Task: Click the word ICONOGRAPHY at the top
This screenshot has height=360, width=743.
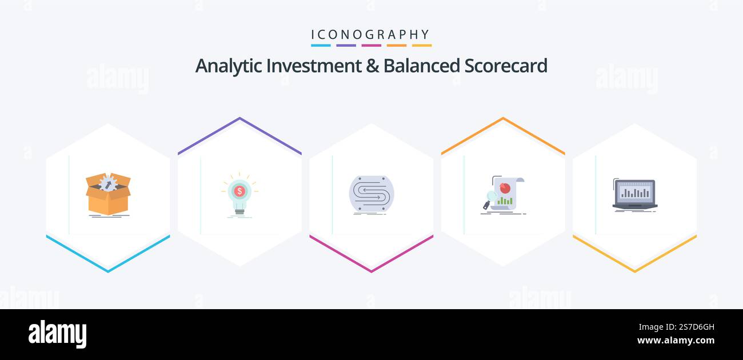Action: (371, 34)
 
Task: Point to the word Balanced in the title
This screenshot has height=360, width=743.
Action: (421, 66)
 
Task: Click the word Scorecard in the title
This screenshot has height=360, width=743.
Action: (506, 66)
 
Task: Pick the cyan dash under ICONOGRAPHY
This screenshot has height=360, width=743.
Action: (321, 45)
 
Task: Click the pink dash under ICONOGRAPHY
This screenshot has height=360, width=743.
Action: (371, 45)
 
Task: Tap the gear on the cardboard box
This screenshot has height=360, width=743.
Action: (107, 183)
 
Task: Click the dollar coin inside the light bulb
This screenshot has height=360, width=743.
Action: (239, 190)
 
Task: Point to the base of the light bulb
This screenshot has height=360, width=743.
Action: (239, 210)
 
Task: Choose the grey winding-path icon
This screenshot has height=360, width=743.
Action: (371, 195)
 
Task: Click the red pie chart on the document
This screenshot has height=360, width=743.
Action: (505, 187)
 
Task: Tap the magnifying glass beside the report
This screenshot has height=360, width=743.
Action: (490, 198)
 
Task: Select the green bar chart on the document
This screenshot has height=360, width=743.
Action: (505, 201)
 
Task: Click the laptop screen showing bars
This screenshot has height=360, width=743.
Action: (634, 192)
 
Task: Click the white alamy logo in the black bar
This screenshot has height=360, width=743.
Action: (57, 334)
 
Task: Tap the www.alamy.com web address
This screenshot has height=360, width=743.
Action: (676, 341)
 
